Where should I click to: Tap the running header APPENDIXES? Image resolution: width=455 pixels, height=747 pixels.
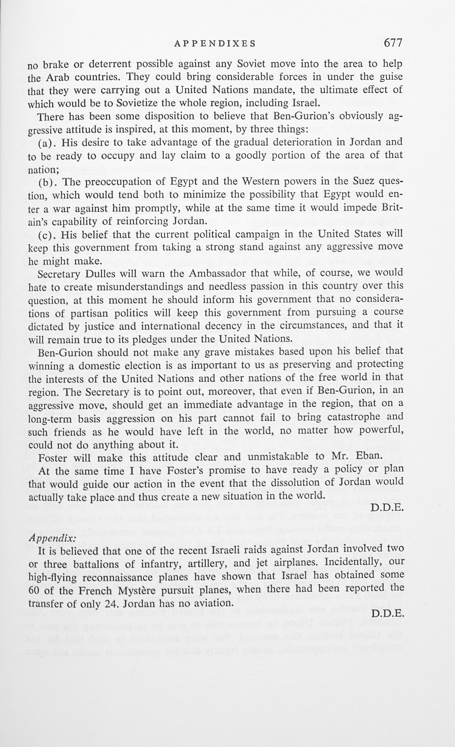215,44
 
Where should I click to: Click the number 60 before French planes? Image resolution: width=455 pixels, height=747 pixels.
34,591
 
